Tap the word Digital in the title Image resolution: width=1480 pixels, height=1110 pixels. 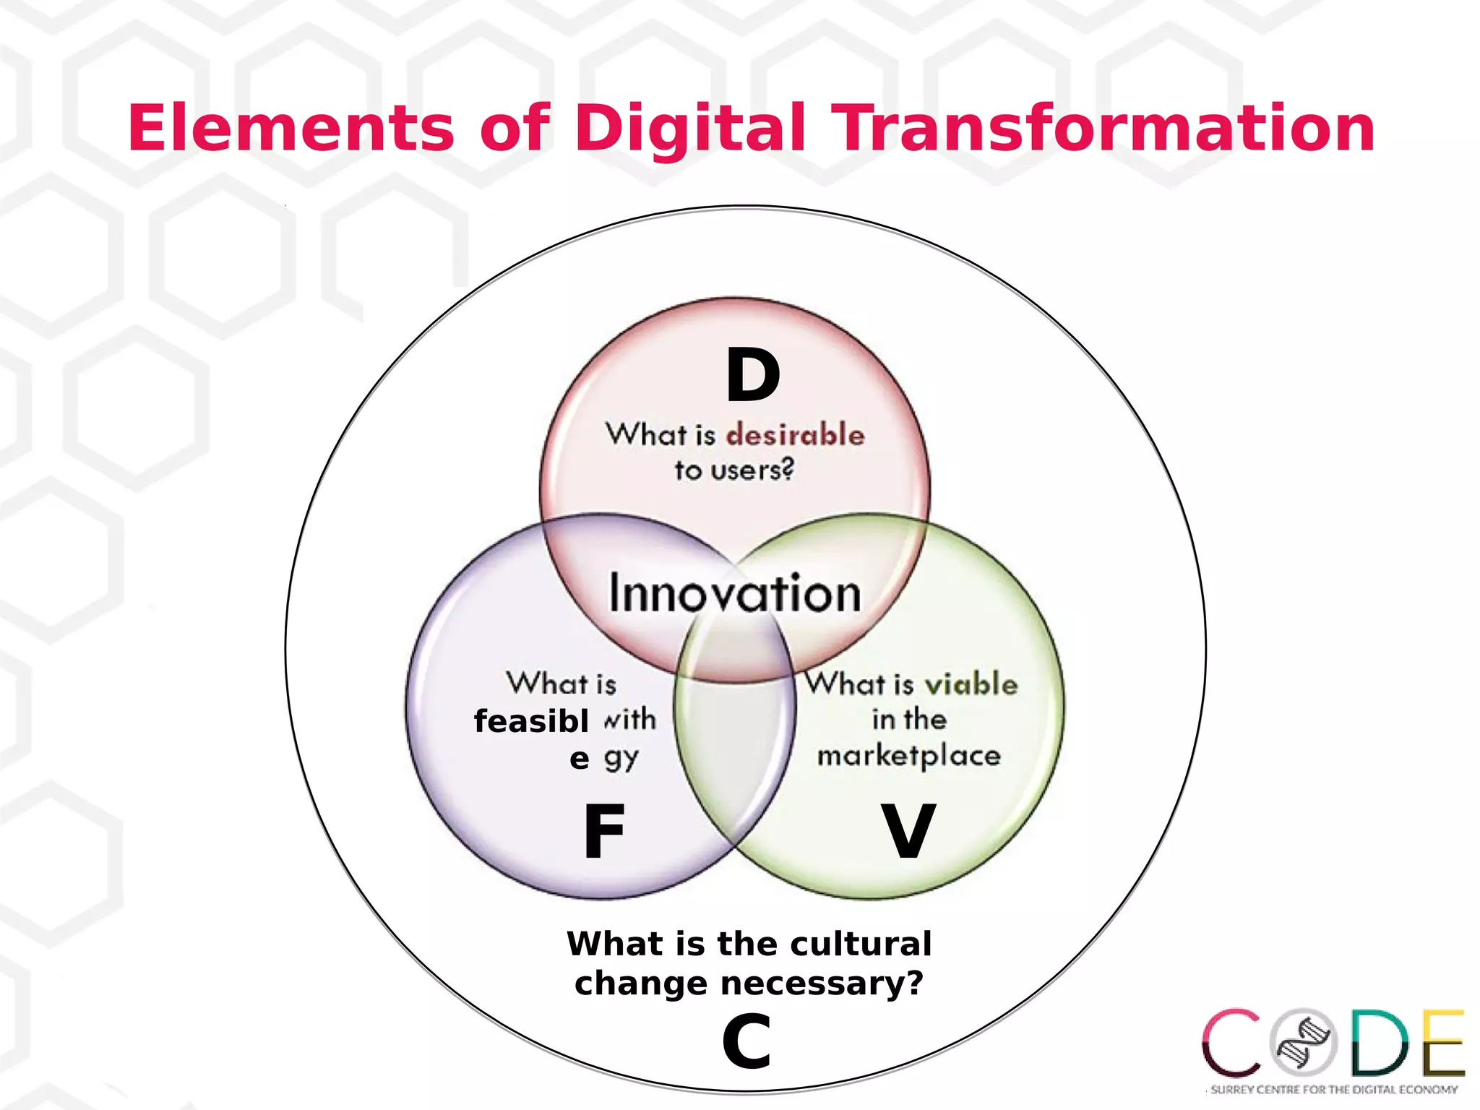click(690, 129)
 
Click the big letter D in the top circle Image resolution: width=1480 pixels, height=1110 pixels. click(753, 376)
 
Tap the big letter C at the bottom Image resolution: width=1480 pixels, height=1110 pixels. click(747, 1041)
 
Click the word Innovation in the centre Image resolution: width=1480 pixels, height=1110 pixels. click(735, 593)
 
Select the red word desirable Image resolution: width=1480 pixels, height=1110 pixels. click(795, 435)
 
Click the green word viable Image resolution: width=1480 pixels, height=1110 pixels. click(971, 684)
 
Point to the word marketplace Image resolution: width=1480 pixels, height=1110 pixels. click(908, 756)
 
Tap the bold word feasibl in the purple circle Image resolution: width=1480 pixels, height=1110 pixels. click(531, 721)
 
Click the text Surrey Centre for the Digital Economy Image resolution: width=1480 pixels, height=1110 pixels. click(1334, 1089)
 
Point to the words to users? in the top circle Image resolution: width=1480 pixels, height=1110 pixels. click(734, 470)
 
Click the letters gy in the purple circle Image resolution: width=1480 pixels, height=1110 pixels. click(621, 758)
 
